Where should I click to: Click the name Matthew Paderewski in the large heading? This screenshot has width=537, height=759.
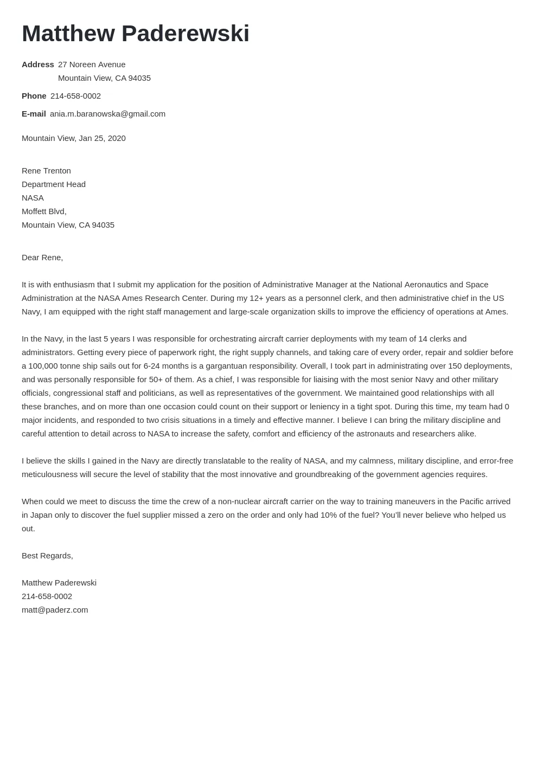pyautogui.click(x=136, y=34)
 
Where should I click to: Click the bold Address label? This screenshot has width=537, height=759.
pyautogui.click(x=37, y=65)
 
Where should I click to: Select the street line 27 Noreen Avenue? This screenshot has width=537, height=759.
pyautogui.click(x=92, y=65)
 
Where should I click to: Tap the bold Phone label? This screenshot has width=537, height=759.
pyautogui.click(x=34, y=96)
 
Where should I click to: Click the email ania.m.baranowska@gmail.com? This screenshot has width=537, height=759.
pyautogui.click(x=107, y=114)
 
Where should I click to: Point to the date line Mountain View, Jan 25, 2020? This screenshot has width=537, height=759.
pyautogui.click(x=74, y=138)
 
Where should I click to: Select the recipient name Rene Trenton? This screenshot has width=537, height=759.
pyautogui.click(x=46, y=171)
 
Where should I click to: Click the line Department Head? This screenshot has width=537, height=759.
pyautogui.click(x=54, y=184)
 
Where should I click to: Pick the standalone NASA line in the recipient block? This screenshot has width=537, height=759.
pyautogui.click(x=33, y=198)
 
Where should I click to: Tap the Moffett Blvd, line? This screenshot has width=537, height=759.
pyautogui.click(x=44, y=211)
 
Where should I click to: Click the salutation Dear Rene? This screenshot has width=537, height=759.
pyautogui.click(x=42, y=258)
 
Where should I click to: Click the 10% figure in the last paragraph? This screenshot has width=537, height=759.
pyautogui.click(x=329, y=515)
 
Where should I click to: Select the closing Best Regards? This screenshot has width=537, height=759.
pyautogui.click(x=47, y=556)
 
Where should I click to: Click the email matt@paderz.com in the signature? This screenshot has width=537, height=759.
pyautogui.click(x=55, y=610)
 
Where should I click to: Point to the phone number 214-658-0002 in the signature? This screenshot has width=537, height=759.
pyautogui.click(x=47, y=596)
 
